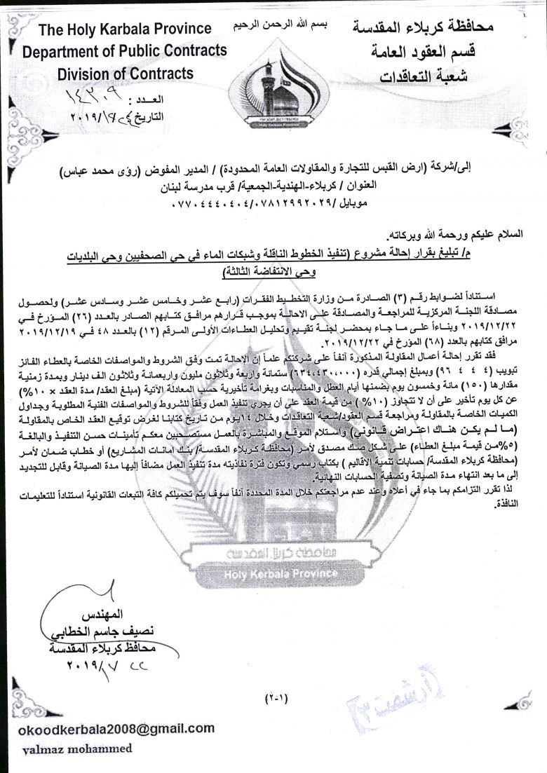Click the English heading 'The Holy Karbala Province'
pos(125,29)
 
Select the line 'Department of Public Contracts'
pos(125,50)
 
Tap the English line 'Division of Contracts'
pos(125,73)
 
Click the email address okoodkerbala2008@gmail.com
pos(112,728)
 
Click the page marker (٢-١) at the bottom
pos(278,697)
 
